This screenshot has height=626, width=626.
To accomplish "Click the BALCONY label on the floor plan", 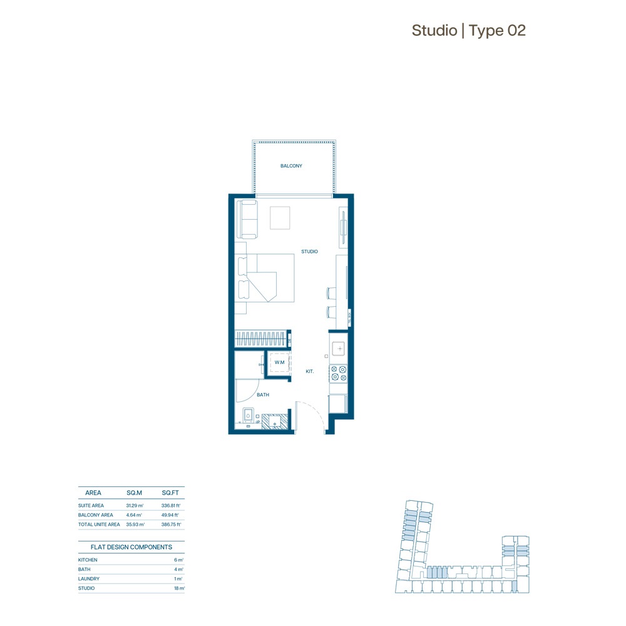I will tap(291, 166).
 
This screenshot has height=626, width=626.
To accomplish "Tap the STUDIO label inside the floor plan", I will tap(309, 252).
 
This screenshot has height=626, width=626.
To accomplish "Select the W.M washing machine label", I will tap(279, 362).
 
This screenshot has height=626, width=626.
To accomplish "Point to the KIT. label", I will tap(309, 371).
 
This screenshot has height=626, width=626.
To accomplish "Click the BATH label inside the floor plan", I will tap(263, 395).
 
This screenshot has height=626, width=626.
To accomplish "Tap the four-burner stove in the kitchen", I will tap(339, 374).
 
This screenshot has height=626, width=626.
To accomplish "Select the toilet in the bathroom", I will tap(248, 416).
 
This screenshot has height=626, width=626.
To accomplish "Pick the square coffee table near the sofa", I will tap(280, 218).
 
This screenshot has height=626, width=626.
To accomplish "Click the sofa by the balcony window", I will tap(246, 218).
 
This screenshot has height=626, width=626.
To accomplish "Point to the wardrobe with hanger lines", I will tap(262, 339).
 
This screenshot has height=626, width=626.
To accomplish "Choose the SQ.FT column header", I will tap(170, 493).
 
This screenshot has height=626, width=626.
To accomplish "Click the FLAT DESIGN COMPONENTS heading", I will tap(131, 547).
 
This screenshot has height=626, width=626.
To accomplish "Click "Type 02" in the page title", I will tap(497, 30).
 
